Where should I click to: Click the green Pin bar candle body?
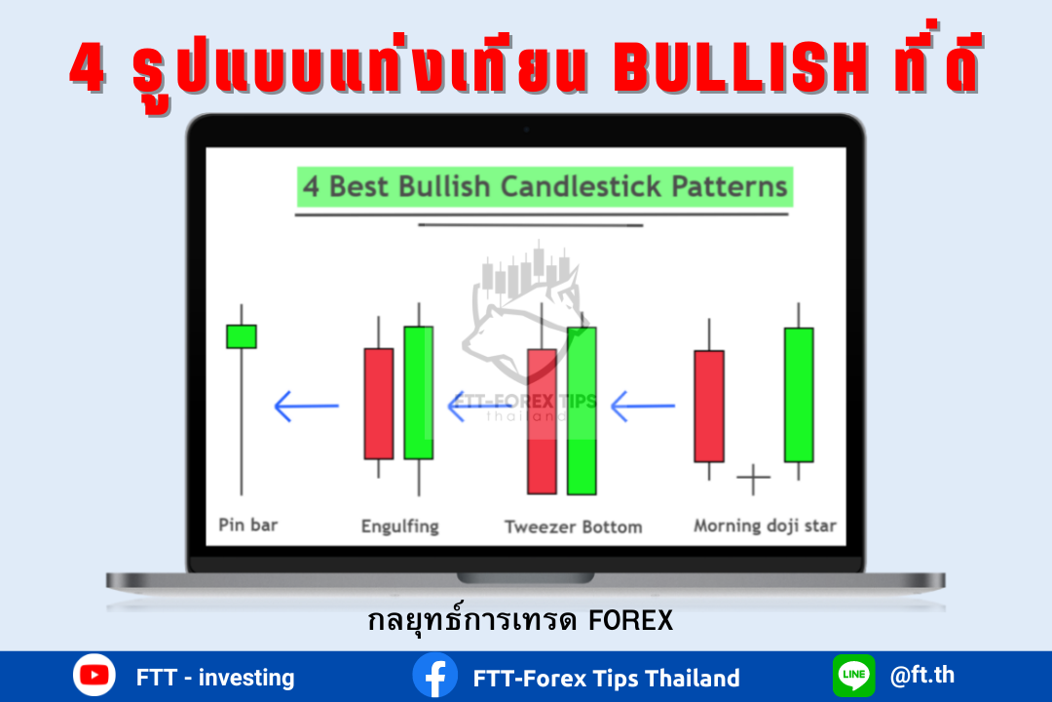coord(242,336)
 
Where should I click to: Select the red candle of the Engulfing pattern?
coord(378,404)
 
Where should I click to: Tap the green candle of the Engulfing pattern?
coord(419,393)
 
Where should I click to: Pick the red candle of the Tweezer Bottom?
coord(543,421)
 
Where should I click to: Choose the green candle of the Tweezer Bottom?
coord(582,411)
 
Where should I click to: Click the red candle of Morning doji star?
coord(709,407)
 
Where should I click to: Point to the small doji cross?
coord(753,479)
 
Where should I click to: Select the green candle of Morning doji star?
coord(799,395)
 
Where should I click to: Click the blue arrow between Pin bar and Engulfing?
coord(307,406)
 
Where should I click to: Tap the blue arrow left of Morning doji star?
coord(643,406)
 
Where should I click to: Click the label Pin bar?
coord(248,525)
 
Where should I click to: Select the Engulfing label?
coord(400,526)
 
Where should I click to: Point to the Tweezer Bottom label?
coord(574,526)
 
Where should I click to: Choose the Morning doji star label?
coord(765,526)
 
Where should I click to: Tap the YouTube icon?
coord(94,675)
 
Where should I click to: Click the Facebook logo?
coord(435,676)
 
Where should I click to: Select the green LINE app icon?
coord(854,675)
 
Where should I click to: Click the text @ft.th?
coord(921,675)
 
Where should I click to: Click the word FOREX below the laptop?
coord(630,621)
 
